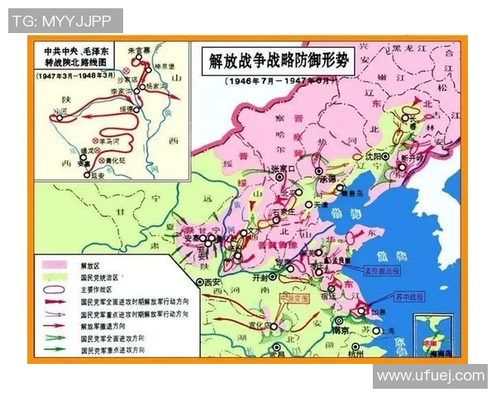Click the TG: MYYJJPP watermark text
click(x=65, y=21)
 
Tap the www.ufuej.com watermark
click(x=431, y=375)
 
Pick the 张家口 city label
click(x=283, y=170)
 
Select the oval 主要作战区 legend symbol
click(x=54, y=290)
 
